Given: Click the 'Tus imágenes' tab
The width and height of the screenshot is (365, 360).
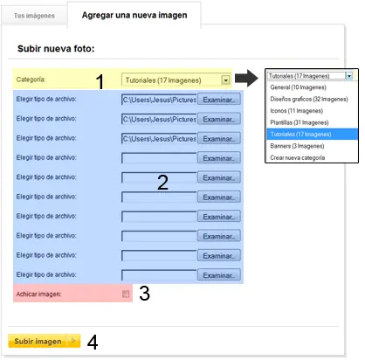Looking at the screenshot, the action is pos(34,16).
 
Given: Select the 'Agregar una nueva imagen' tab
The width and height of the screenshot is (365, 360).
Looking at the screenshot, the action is pos(134,15).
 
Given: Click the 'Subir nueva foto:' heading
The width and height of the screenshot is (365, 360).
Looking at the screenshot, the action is pos(56,48).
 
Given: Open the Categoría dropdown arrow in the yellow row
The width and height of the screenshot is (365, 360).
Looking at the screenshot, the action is pos(225,80).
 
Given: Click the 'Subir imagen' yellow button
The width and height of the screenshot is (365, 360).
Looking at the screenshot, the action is pos(45,341).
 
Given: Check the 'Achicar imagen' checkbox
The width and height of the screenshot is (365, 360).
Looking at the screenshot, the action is pos(126,294).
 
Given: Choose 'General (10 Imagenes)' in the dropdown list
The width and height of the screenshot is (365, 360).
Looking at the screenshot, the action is pos(298,87).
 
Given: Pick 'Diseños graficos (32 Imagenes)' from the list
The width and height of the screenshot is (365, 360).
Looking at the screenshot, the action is pos(309,99).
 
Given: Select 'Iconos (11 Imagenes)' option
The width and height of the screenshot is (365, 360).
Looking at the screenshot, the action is pos(297,111).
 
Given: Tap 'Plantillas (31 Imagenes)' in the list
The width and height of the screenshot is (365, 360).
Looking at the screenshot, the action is pos(300,122).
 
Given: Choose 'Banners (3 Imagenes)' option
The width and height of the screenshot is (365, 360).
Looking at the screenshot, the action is pos(297,146).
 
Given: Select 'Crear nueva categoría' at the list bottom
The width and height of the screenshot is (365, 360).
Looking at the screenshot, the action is pos(298,157).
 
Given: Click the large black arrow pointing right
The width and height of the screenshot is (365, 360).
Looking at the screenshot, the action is pos(246,78).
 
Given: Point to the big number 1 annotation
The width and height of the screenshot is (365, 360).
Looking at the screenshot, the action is pos(100,81).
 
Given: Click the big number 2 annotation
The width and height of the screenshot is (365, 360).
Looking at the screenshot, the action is pos(162,183).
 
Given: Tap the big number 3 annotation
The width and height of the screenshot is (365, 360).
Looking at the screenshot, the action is pos(144,293).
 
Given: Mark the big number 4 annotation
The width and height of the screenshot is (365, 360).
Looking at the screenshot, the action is pos(93,342).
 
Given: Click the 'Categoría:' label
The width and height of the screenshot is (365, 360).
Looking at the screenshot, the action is pos(31,80).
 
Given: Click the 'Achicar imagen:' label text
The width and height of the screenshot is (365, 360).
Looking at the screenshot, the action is pos(38,294).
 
